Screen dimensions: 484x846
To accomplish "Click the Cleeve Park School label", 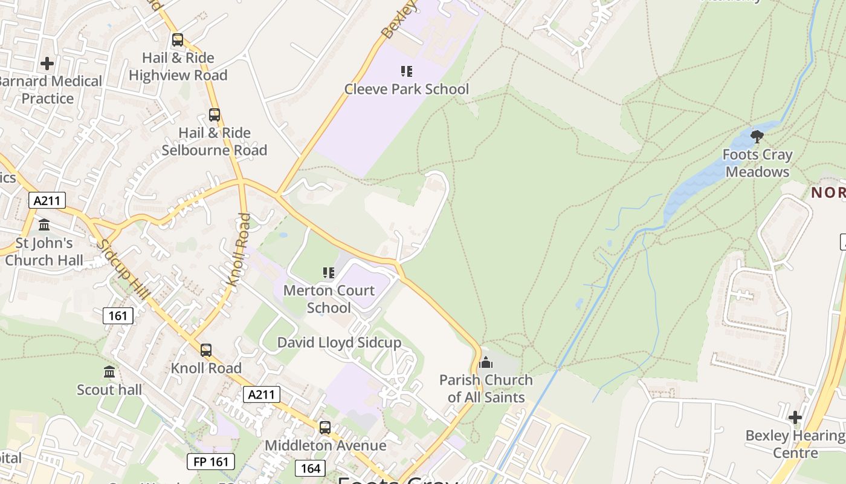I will [406, 89].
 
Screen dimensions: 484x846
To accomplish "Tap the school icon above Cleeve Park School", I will [407, 71].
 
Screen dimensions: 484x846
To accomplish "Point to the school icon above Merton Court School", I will [329, 273].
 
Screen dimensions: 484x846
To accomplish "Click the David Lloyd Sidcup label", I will [339, 342].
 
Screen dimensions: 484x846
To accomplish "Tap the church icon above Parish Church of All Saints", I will [486, 362].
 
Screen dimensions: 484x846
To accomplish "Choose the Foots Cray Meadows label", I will [757, 163].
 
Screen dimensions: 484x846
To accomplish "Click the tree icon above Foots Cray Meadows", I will [757, 136].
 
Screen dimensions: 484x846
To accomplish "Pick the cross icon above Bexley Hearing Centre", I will [795, 417].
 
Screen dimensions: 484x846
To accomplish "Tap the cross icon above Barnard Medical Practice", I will [47, 63].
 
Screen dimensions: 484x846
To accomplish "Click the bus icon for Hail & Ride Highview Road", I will [177, 40].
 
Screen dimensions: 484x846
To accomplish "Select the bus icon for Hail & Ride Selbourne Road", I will [214, 114].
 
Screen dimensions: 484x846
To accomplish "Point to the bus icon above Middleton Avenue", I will [325, 428].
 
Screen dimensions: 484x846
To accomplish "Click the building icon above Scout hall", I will [109, 371].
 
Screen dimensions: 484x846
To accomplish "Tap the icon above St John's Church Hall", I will [44, 225].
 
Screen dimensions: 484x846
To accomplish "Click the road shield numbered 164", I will [310, 468].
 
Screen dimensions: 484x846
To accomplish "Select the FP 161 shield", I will [210, 462].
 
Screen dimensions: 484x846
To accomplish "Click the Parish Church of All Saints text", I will [486, 388].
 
